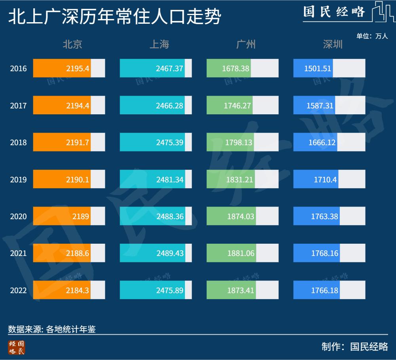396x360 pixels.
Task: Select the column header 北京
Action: click(72, 44)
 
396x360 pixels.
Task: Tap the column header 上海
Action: click(159, 44)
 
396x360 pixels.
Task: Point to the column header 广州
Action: click(246, 44)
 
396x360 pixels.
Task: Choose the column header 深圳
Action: click(333, 44)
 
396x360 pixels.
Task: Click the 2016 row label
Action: click(18, 68)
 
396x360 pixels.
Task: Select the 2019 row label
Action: click(18, 180)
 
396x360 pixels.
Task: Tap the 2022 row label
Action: click(18, 290)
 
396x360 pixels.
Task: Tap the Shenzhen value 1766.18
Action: click(324, 290)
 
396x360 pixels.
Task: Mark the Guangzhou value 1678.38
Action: click(236, 68)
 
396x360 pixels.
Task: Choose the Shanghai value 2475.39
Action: click(169, 142)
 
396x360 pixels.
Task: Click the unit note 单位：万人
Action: click(372, 36)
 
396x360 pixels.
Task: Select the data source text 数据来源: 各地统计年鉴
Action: click(52, 329)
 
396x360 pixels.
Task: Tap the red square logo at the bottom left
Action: click(16, 347)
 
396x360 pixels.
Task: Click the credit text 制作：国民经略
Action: click(354, 347)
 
